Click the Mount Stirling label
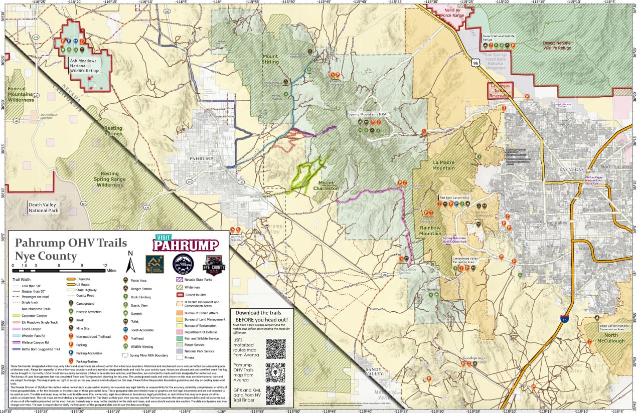pyautogui.click(x=270, y=60)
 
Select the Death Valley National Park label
pyautogui.click(x=43, y=208)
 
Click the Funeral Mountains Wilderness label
pyautogui.click(x=21, y=94)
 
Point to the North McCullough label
pyautogui.click(x=611, y=338)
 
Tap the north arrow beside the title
pyautogui.click(x=130, y=261)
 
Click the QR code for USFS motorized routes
pyautogui.click(x=275, y=348)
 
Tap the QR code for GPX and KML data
pyautogui.click(x=275, y=394)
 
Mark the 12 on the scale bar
pyautogui.click(x=105, y=265)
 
